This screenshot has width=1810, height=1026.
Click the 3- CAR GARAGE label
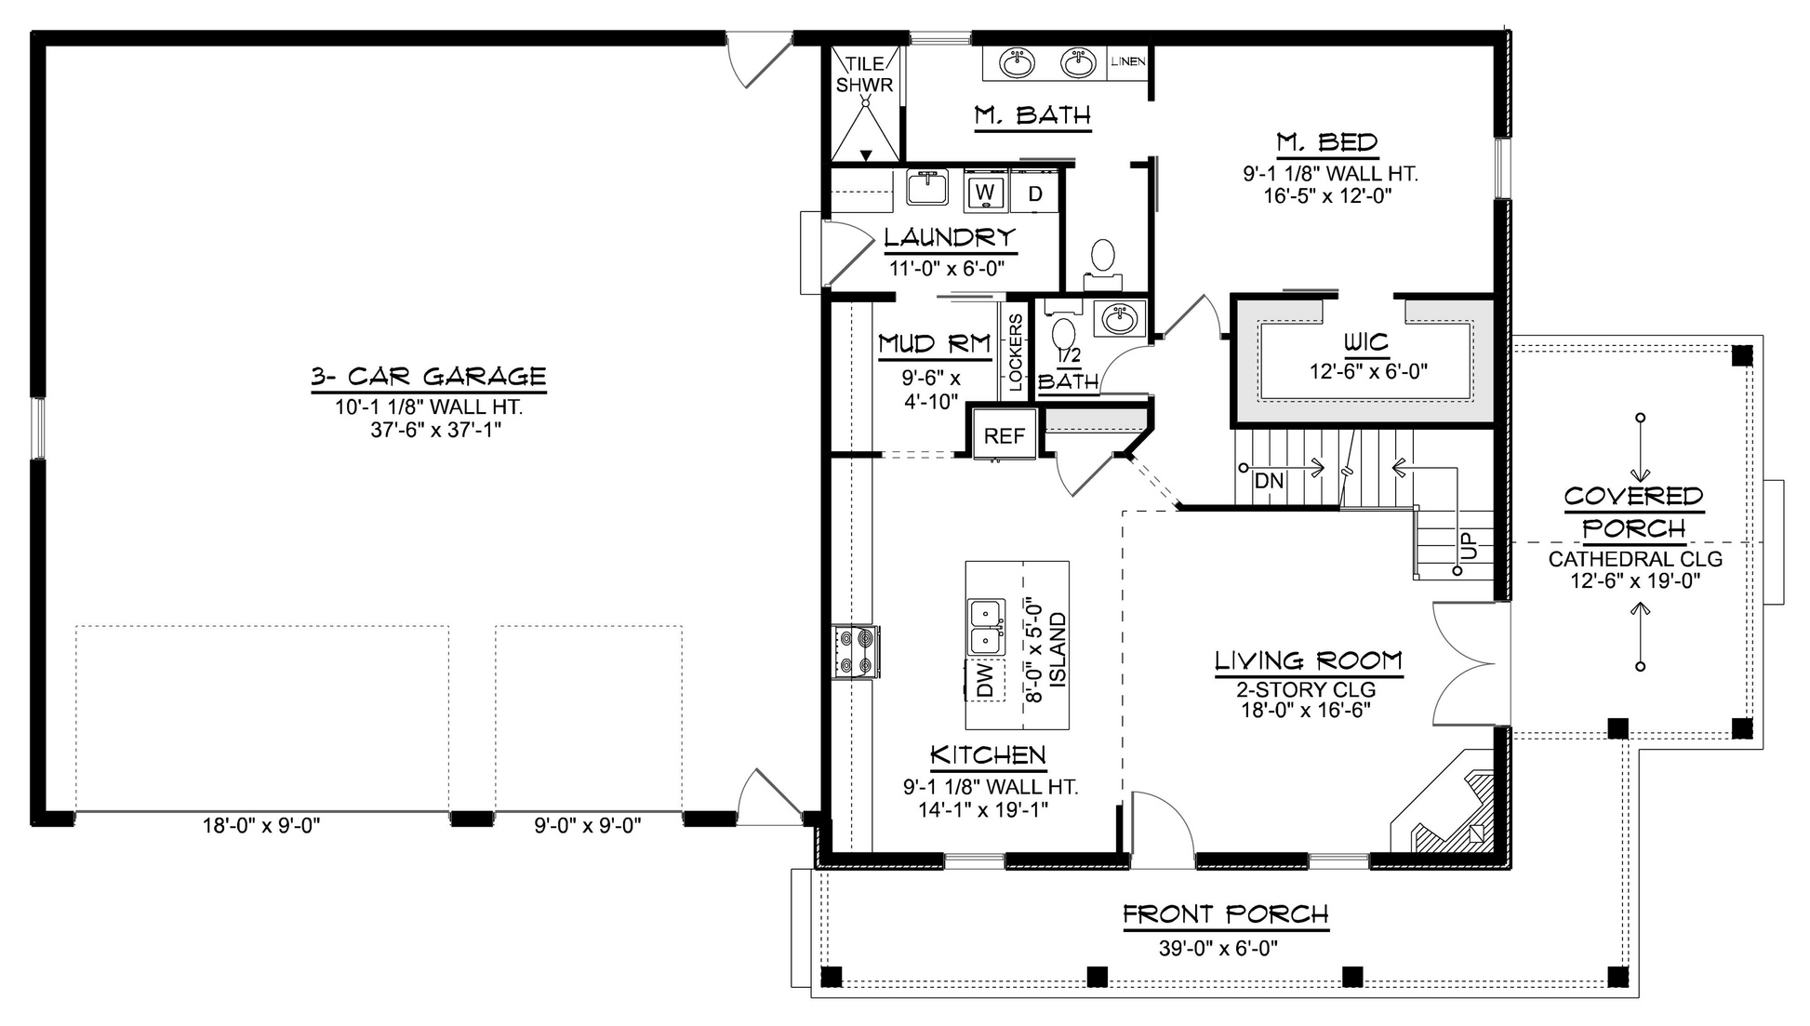428,377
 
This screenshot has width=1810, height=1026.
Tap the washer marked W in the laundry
985,193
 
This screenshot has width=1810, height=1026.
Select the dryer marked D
1034,193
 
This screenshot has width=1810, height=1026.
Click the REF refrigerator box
1005,435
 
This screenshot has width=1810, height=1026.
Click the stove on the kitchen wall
857,651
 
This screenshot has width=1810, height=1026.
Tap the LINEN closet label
1127,61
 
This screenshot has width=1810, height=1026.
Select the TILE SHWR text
865,74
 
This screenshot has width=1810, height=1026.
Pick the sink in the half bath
1119,320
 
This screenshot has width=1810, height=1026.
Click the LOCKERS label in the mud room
1016,353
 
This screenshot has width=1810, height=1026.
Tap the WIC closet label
1366,341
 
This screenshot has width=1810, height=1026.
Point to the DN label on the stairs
1269,481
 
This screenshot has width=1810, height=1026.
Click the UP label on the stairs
1469,546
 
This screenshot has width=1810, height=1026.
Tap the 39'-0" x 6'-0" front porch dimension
1218,949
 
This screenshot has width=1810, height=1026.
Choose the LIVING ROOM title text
1308,661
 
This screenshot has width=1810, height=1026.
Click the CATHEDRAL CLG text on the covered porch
1635,560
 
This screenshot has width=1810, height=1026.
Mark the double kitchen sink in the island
987,627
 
